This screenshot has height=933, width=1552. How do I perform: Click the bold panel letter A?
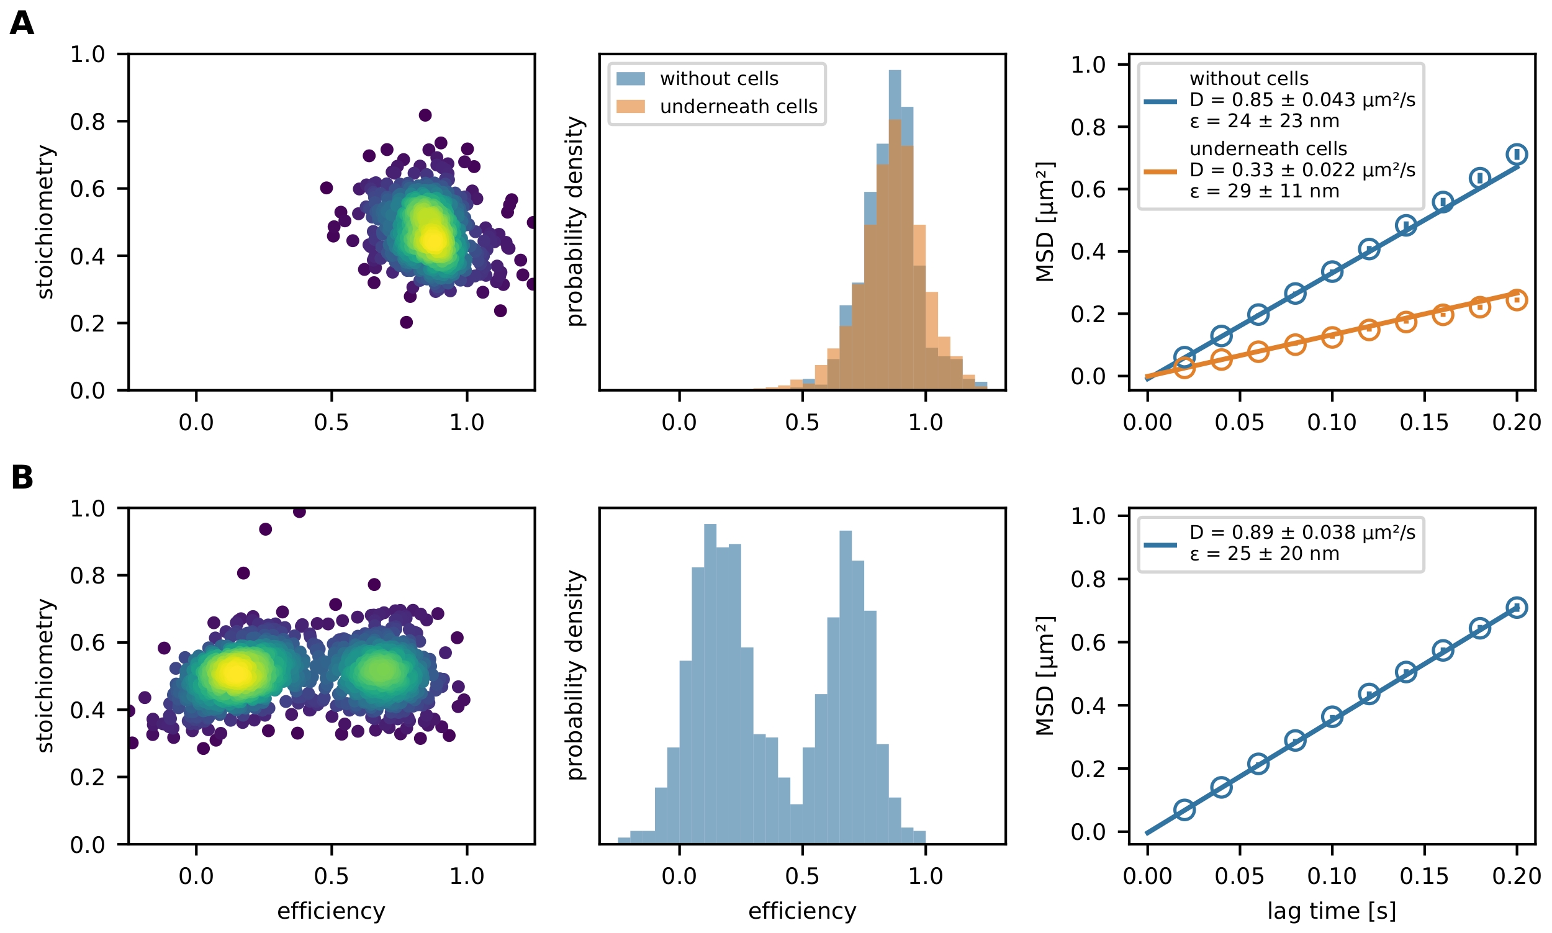point(22,24)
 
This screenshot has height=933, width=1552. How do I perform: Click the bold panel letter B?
point(22,477)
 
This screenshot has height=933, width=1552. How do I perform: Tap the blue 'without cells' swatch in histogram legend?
point(630,79)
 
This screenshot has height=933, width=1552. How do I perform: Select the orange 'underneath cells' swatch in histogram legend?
point(630,106)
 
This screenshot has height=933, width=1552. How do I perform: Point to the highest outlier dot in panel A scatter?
point(425,115)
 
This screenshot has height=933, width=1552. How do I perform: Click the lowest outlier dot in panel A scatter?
point(406,323)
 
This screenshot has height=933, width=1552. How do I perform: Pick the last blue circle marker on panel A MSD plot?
point(1517,154)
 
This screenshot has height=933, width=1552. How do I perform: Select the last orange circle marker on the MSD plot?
point(1517,299)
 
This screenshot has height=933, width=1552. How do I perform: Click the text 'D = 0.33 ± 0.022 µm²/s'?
point(1302,169)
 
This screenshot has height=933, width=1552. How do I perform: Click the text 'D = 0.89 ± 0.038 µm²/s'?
point(1302,533)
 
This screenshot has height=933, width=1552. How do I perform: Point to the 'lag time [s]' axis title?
point(1332,911)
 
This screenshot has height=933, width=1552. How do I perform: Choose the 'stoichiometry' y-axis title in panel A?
point(45,222)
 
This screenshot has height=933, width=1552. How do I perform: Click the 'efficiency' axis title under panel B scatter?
point(332,911)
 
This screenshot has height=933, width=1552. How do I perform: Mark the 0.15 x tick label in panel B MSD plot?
point(1423,876)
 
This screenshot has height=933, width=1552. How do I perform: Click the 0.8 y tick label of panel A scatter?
point(88,121)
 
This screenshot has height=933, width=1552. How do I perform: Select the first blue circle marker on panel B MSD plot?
point(1184,809)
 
